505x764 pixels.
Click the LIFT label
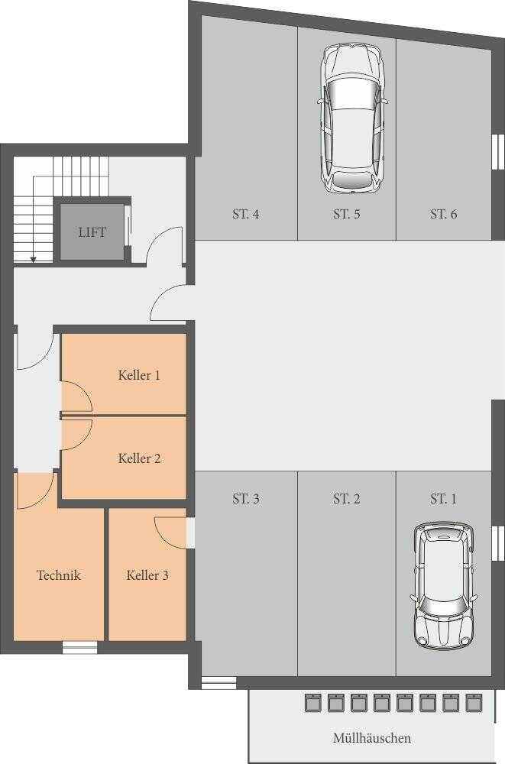point(92,232)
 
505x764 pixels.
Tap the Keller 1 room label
point(139,375)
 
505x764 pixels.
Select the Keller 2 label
point(139,458)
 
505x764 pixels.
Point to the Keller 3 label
point(147,575)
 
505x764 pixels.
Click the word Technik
point(59,575)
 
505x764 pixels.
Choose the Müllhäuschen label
point(372,738)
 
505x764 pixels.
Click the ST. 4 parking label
point(246,214)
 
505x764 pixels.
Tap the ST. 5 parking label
point(347,214)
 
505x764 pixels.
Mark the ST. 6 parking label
point(444,214)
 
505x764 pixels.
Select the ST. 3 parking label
point(246,499)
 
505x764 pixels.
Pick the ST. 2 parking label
point(347,499)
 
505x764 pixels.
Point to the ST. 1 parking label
point(444,499)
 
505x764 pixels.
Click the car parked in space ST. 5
point(353,118)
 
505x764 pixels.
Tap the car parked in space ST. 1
point(443,586)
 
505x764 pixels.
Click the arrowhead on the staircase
point(33,260)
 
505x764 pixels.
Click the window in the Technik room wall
point(80,647)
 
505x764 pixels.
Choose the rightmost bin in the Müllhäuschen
point(474,703)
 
